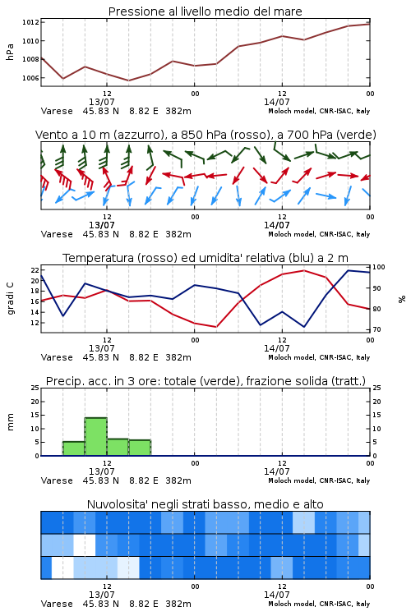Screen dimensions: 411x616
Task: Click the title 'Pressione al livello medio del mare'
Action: (205, 11)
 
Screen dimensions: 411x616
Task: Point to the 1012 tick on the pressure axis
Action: (30, 22)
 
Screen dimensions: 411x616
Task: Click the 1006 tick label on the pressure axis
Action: (30, 78)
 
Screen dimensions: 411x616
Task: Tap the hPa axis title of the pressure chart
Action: (10, 52)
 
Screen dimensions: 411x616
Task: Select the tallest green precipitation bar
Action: (96, 436)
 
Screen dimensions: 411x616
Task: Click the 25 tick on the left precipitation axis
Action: (35, 388)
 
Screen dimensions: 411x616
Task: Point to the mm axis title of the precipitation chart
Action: (10, 422)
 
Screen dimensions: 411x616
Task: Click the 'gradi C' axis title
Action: (10, 298)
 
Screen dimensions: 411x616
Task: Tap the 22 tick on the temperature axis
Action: (35, 270)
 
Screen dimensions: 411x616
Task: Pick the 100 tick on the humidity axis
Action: (379, 267)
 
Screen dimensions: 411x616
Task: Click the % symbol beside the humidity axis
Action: (402, 299)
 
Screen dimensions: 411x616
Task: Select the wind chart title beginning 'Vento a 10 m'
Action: (205, 135)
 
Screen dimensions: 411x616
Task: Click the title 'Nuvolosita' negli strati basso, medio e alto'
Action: (205, 504)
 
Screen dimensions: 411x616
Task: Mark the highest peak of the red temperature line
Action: (304, 270)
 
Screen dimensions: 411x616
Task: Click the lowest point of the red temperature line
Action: (216, 327)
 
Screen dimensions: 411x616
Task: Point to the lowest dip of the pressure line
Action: (128, 80)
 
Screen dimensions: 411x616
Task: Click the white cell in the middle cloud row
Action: (85, 545)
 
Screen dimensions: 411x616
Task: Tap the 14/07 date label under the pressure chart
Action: (276, 102)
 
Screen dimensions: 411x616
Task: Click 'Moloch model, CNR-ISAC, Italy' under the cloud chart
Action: (319, 604)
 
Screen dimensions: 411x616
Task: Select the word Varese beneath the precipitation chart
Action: (57, 480)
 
